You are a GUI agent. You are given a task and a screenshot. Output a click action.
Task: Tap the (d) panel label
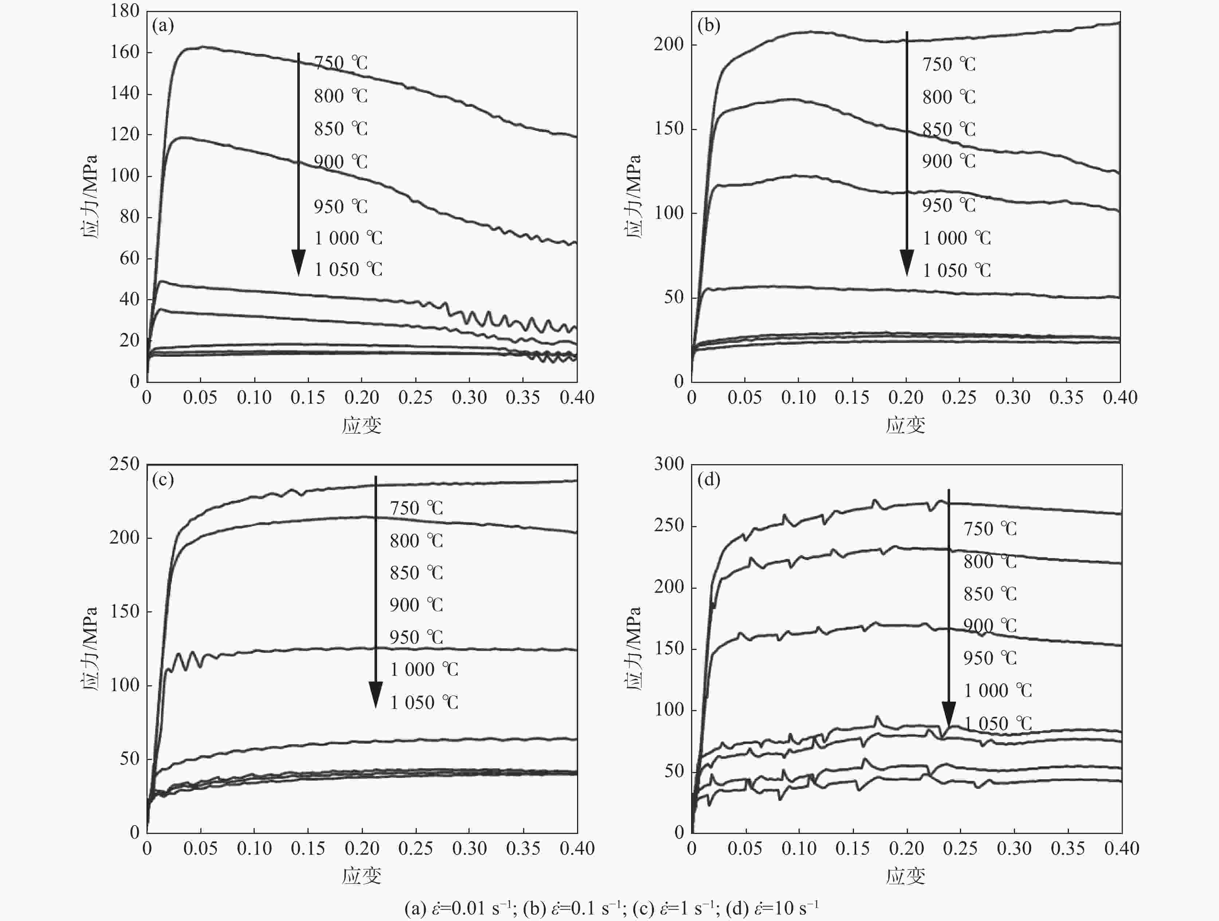tap(708, 480)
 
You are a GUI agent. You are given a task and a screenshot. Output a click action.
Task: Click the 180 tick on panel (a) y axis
tap(125, 11)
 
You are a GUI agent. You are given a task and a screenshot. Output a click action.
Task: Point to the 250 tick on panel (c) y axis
tap(125, 464)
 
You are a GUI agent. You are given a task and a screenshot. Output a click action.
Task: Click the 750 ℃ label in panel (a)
tap(341, 63)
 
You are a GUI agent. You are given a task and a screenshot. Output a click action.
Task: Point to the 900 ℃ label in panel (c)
tap(416, 605)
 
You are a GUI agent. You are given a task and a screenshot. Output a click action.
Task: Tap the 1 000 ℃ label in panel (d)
tap(997, 691)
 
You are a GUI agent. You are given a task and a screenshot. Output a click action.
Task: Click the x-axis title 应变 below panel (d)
tap(905, 876)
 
